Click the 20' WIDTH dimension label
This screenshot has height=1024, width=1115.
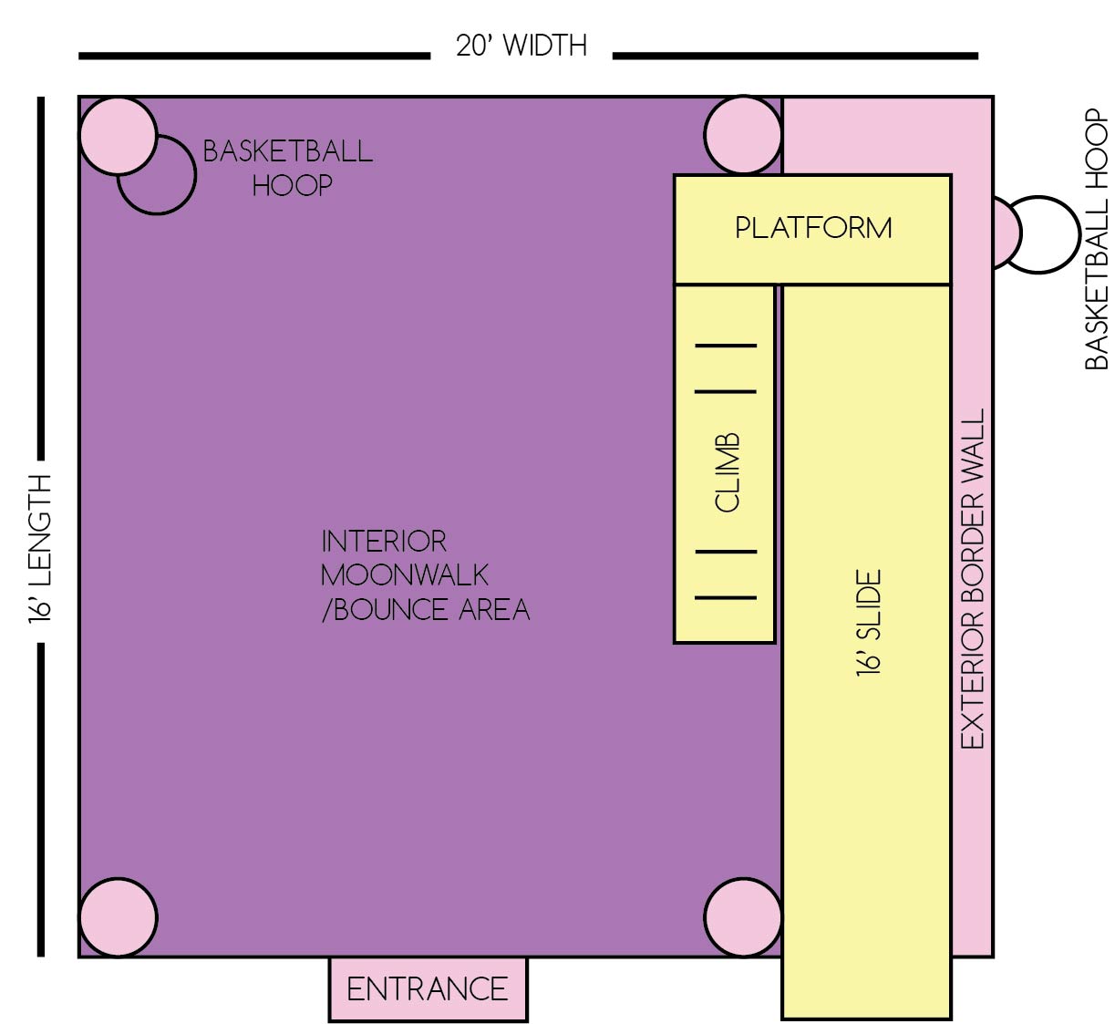[521, 46]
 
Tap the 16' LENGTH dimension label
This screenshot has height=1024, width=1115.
[40, 549]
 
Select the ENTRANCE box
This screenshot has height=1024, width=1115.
[428, 989]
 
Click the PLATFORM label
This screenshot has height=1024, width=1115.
[813, 228]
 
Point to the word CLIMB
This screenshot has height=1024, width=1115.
[728, 472]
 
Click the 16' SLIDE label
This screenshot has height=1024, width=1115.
[869, 623]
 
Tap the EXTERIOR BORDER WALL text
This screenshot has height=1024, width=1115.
[973, 579]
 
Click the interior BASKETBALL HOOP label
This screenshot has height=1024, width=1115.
[288, 168]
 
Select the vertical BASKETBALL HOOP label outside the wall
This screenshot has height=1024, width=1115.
[1096, 239]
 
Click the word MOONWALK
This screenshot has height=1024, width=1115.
[405, 575]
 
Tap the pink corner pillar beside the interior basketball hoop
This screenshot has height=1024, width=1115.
[119, 136]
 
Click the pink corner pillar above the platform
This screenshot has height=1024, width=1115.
[743, 135]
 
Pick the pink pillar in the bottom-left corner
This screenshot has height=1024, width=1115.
[119, 918]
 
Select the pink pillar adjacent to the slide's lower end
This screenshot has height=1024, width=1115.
[743, 918]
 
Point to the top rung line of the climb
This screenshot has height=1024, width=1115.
[726, 346]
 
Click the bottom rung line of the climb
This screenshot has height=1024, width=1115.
[726, 597]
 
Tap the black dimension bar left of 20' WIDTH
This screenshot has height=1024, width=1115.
[254, 56]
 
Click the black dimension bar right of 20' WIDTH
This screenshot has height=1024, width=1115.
[795, 56]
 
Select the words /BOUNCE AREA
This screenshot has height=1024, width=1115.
[426, 610]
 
